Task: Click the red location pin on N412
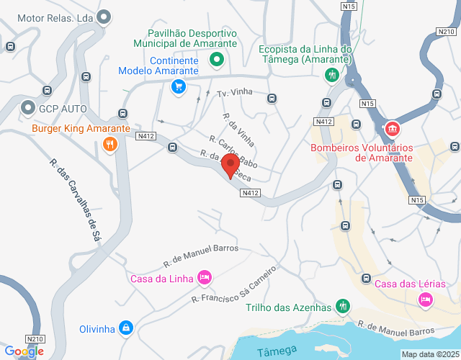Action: (x=230, y=165)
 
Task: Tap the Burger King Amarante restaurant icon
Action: (x=109, y=143)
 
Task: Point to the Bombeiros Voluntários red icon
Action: (x=392, y=130)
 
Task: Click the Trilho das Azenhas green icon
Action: (x=343, y=307)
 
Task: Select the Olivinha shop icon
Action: (x=127, y=328)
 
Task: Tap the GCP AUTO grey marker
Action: (x=29, y=108)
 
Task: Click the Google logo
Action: (x=24, y=351)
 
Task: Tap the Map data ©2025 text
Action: (x=430, y=354)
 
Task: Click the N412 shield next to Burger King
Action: (x=146, y=135)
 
